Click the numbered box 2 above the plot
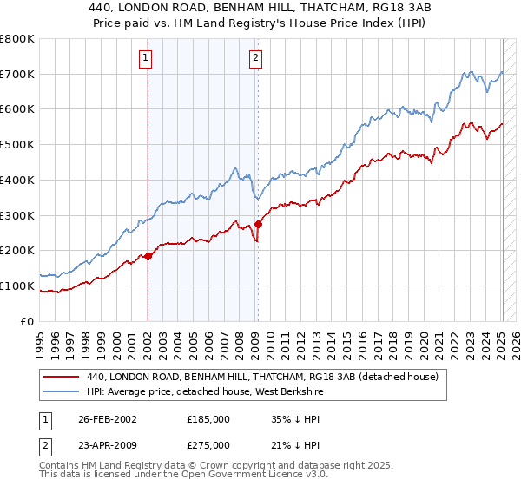pyautogui.click(x=256, y=59)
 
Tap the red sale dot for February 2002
pyautogui.click(x=148, y=256)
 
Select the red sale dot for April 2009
pyautogui.click(x=258, y=224)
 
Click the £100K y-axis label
pyautogui.click(x=18, y=286)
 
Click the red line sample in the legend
pyautogui.click(x=63, y=377)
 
